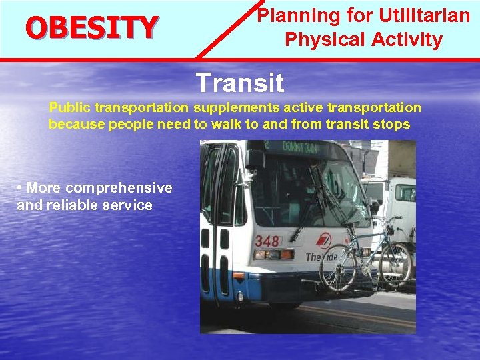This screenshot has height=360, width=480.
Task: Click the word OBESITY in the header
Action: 91,28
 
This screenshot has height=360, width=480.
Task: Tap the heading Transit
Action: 240,83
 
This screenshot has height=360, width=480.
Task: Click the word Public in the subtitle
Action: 70,107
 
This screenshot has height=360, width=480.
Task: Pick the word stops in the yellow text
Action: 393,125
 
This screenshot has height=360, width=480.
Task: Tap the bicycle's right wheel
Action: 396,263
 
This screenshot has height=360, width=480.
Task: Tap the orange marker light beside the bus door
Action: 238,275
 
